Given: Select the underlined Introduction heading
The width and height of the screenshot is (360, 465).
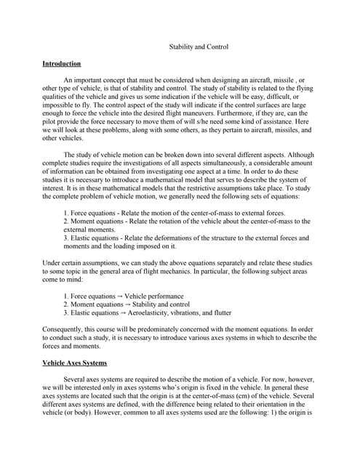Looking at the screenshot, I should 62,64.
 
